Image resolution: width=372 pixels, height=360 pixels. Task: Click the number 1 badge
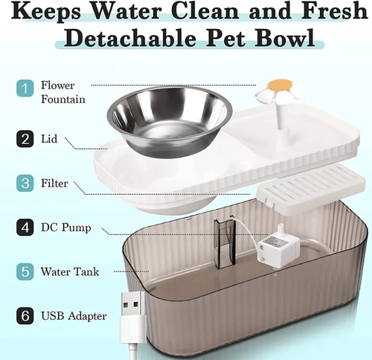[25, 89]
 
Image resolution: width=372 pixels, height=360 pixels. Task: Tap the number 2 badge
[25, 139]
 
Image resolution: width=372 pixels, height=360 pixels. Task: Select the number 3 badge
[25, 183]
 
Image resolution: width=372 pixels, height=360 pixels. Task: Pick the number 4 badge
[25, 228]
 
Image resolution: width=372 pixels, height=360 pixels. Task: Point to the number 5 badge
[25, 271]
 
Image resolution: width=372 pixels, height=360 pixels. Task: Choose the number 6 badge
[25, 316]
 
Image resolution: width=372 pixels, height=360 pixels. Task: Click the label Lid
[49, 139]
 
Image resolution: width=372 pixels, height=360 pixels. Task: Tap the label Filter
[54, 184]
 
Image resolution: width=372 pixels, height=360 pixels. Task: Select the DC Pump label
[66, 228]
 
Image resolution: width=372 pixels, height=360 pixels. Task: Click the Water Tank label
[70, 271]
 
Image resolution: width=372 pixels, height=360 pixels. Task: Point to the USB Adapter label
[74, 316]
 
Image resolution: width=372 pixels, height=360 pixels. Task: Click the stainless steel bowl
[170, 121]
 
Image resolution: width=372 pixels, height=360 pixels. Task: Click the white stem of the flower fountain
[281, 116]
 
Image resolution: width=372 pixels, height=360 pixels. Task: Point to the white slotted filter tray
[311, 190]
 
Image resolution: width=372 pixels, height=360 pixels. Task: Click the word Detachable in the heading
[130, 37]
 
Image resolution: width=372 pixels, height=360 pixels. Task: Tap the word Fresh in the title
[334, 10]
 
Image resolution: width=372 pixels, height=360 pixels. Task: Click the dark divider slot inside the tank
[225, 244]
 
